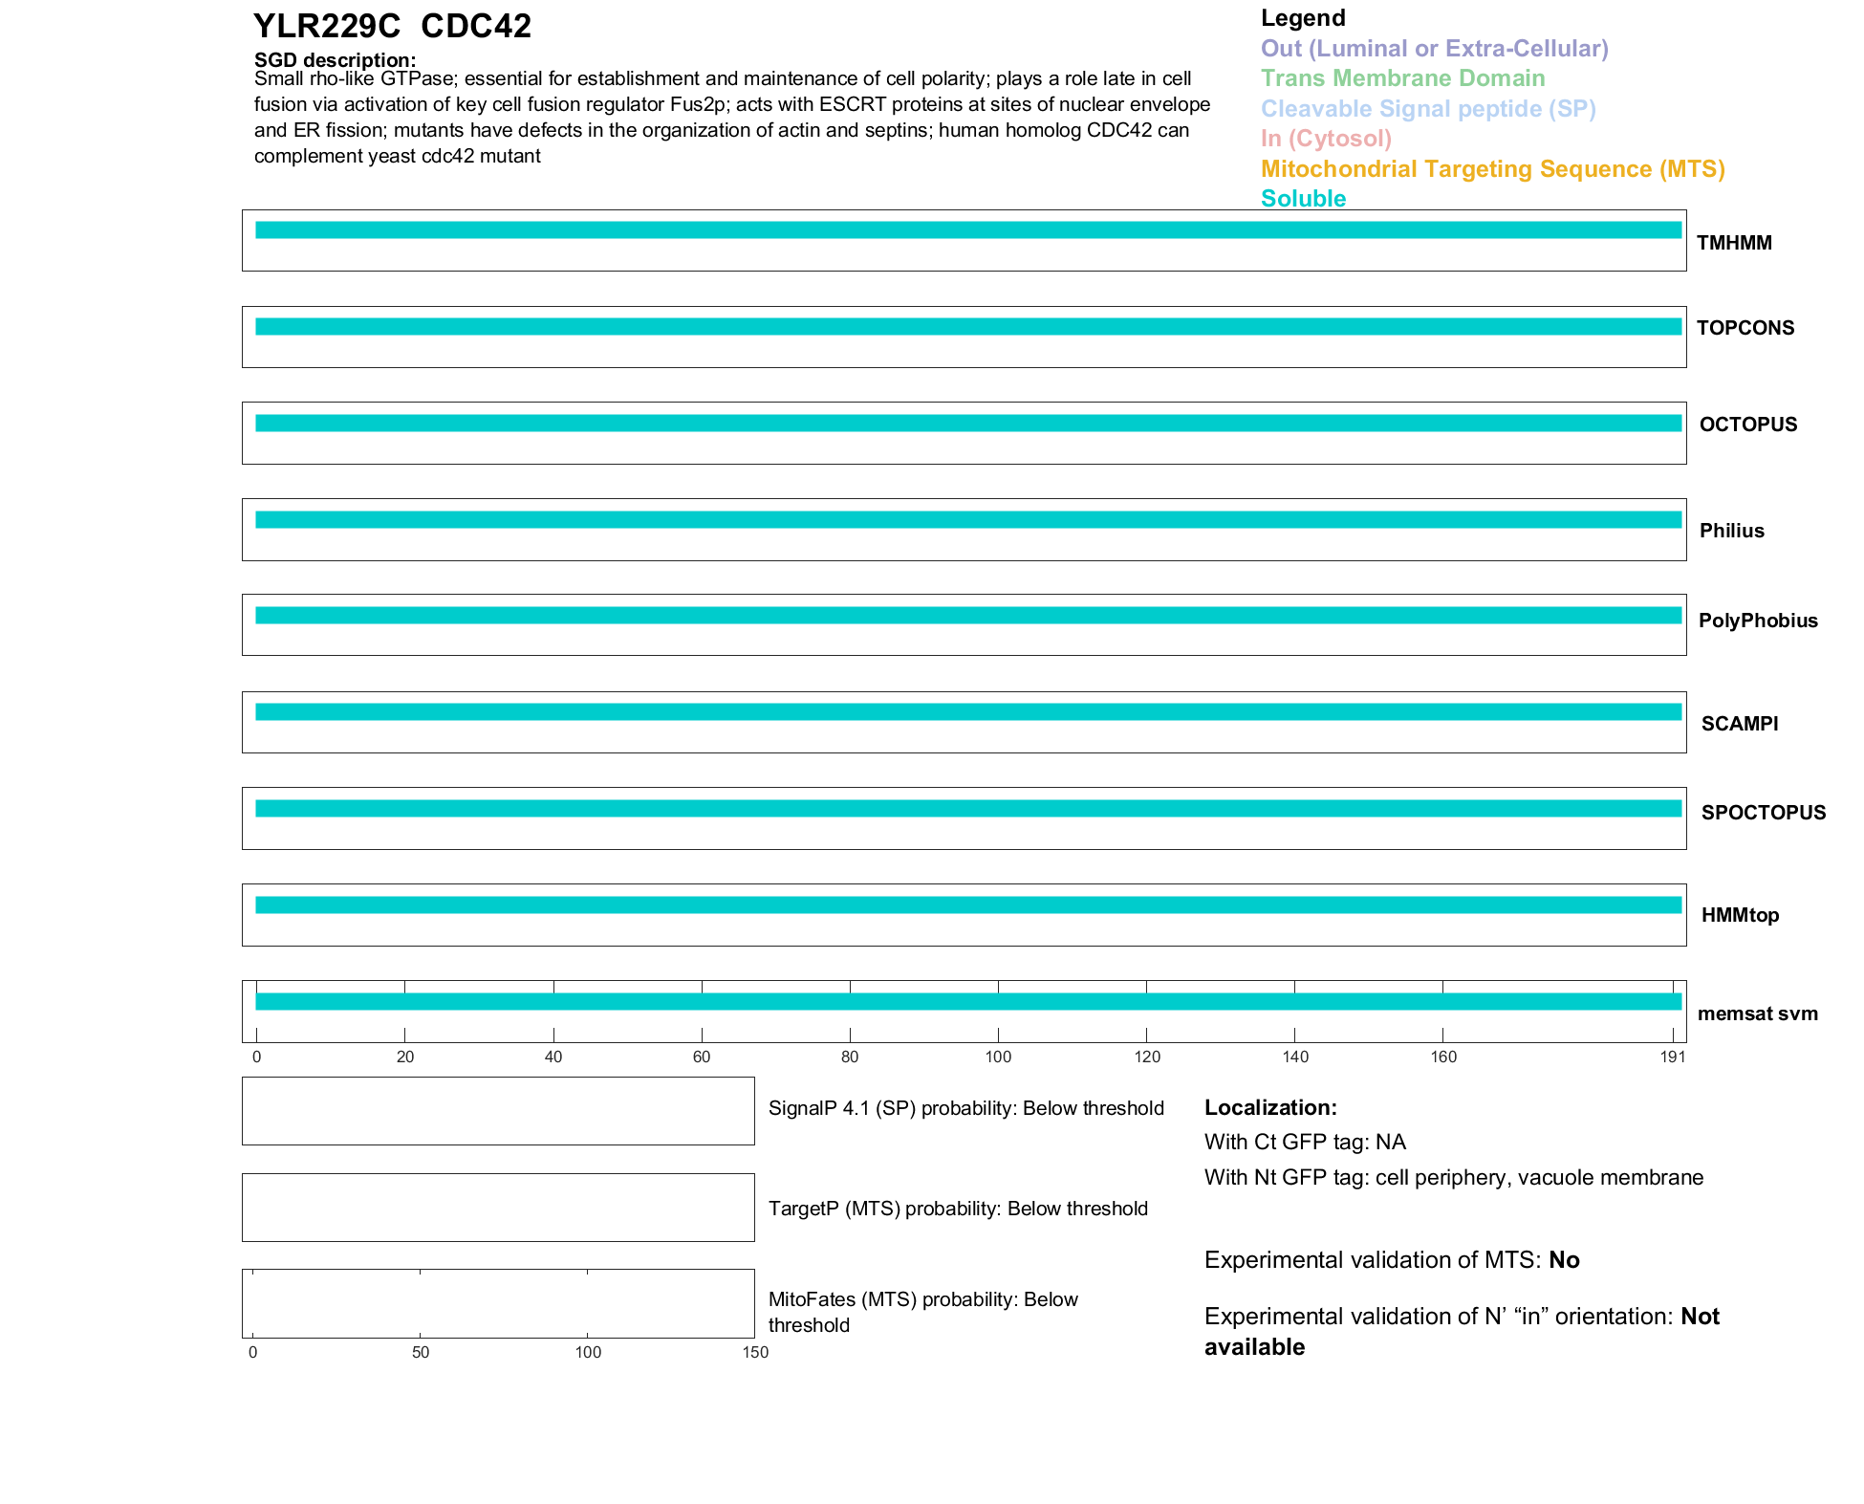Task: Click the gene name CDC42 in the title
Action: [475, 26]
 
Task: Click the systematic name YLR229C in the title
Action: [327, 26]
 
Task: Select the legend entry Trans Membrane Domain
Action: [1402, 78]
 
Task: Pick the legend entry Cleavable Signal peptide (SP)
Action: [1428, 109]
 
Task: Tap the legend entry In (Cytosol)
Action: [1326, 139]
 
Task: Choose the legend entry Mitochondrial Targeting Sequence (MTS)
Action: [1492, 169]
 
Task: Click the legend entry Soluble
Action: [1303, 199]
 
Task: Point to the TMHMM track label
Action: [1734, 243]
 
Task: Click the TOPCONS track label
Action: [1745, 328]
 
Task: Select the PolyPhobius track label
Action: [1757, 621]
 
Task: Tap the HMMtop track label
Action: [1740, 915]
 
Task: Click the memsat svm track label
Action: [1757, 1014]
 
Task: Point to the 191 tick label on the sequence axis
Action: [1672, 1057]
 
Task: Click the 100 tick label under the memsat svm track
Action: [998, 1057]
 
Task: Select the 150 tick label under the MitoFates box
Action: [755, 1352]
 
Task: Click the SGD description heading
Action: [335, 60]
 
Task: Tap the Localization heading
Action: [1269, 1107]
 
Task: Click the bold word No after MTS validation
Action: [1564, 1260]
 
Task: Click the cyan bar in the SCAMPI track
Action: [967, 712]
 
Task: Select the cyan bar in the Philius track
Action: [967, 520]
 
